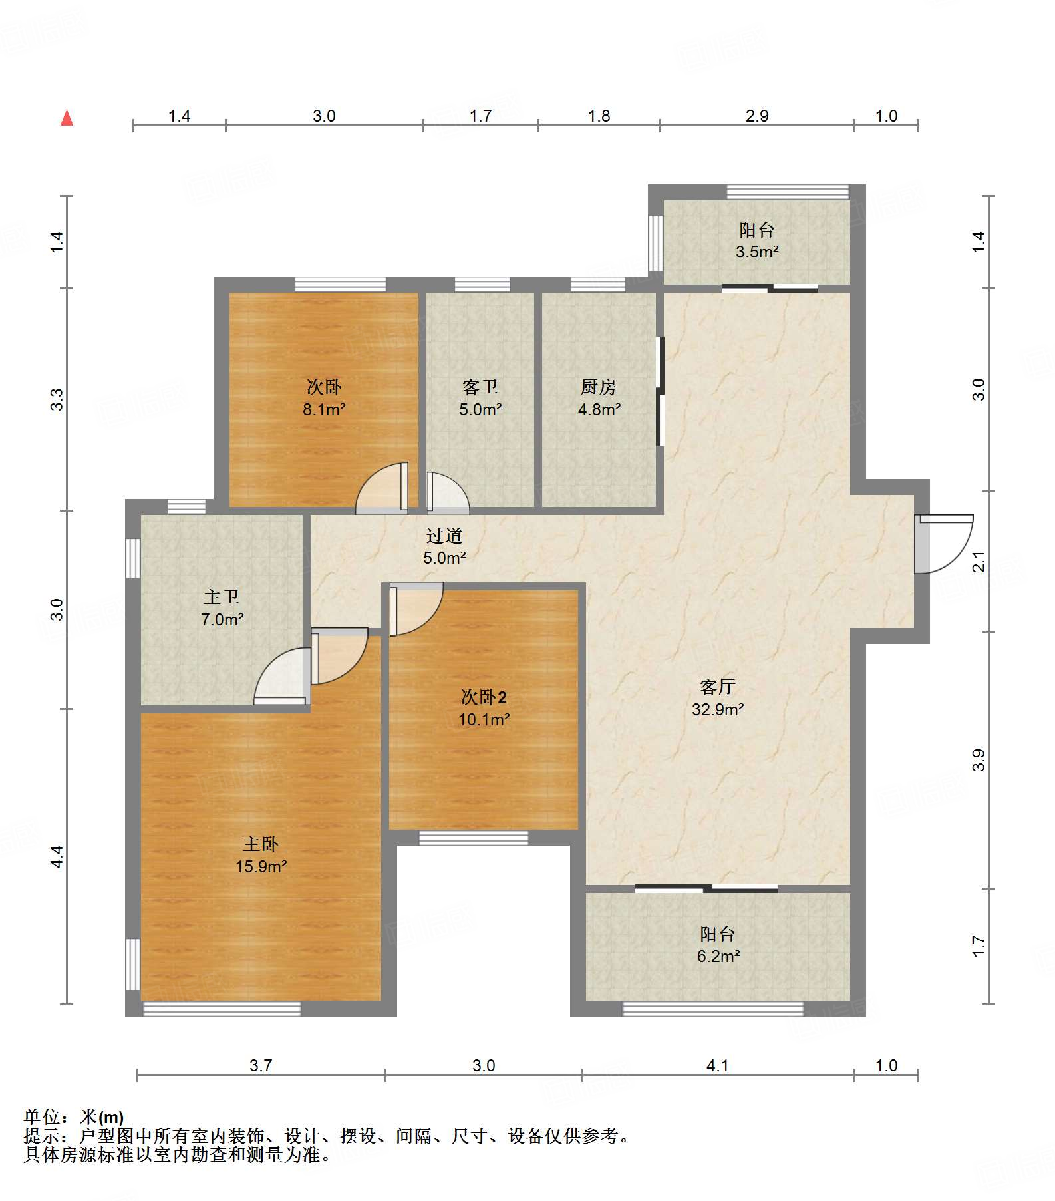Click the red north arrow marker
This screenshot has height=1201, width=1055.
click(67, 118)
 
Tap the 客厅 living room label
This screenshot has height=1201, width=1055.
click(717, 687)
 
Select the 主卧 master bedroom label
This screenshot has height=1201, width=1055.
click(260, 844)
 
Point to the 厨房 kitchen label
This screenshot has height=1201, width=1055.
click(598, 387)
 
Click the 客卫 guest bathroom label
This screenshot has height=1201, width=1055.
click(480, 387)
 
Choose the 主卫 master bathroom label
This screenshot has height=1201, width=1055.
click(221, 597)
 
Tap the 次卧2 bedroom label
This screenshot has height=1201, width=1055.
click(484, 697)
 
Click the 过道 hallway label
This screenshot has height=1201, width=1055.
click(444, 536)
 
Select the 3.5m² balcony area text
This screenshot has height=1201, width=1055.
click(757, 252)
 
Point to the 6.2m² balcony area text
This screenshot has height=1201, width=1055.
click(718, 956)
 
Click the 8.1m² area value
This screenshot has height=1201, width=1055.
click(324, 409)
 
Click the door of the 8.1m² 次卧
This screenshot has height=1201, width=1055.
click(382, 488)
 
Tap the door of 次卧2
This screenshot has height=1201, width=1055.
click(416, 609)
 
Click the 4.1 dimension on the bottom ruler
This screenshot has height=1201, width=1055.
click(717, 1065)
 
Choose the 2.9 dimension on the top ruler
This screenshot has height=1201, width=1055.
click(757, 116)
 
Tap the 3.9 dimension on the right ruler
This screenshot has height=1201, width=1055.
click(978, 760)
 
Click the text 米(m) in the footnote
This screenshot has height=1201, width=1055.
click(101, 1117)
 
